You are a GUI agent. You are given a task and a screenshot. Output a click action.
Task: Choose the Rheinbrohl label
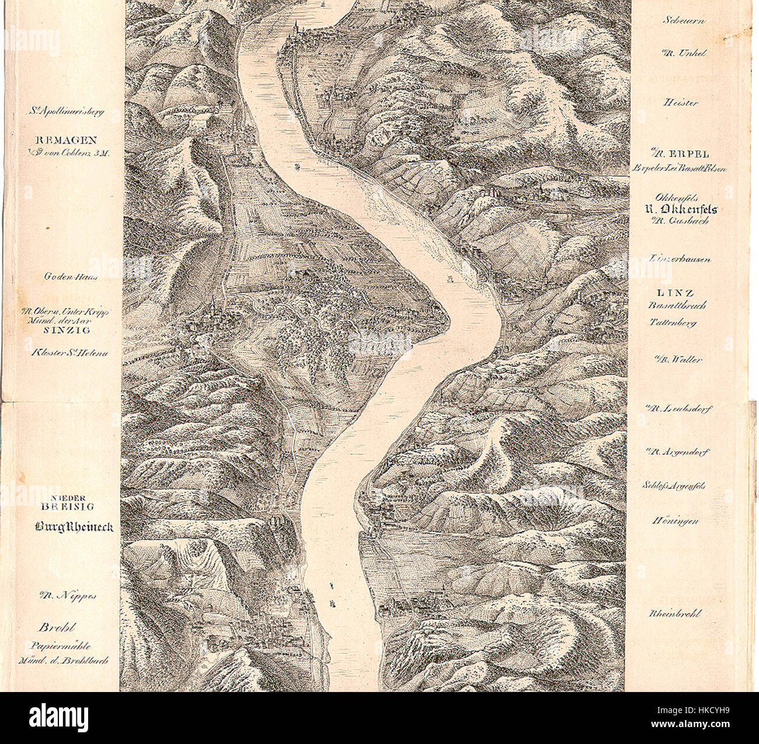tap(675, 614)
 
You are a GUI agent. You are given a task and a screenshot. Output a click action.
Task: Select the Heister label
tap(680, 102)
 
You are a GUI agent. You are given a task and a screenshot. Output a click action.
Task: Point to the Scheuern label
tap(684, 20)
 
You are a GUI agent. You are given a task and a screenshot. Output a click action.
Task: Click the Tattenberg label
tap(673, 322)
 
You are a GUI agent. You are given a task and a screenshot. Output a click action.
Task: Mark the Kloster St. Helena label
tap(69, 352)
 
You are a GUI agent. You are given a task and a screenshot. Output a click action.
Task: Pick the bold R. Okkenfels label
tap(677, 210)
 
